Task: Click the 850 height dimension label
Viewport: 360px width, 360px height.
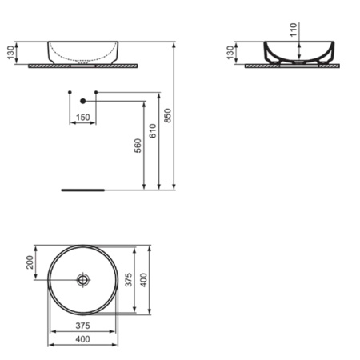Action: (x=167, y=116)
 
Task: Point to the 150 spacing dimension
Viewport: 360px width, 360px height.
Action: (x=82, y=118)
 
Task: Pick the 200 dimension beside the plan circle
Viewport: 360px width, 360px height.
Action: (x=31, y=263)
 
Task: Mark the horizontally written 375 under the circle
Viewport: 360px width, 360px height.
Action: (x=83, y=327)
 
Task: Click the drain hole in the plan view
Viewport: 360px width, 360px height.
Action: (x=83, y=280)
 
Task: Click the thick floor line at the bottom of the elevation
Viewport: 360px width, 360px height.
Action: (x=83, y=191)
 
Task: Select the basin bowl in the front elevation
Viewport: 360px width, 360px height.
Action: (x=83, y=50)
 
